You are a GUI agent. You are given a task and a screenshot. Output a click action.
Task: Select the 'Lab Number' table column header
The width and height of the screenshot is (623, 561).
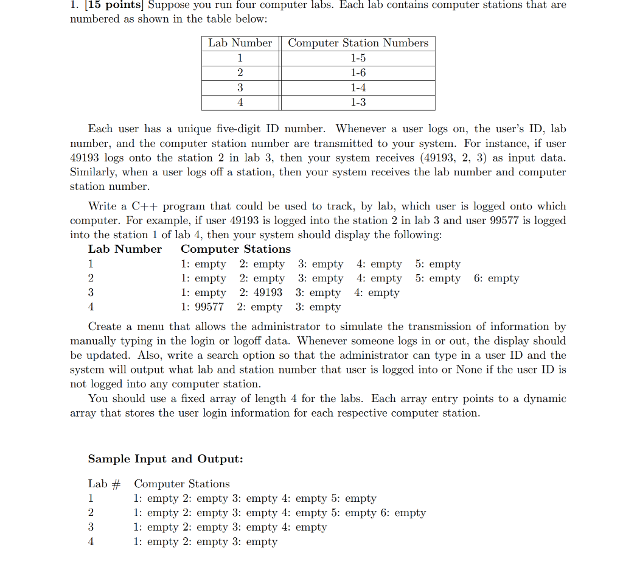click(x=240, y=43)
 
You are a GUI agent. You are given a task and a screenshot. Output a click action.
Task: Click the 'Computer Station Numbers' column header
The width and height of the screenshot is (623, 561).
click(x=358, y=43)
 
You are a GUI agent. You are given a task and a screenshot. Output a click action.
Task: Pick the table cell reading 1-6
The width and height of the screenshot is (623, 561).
click(x=358, y=73)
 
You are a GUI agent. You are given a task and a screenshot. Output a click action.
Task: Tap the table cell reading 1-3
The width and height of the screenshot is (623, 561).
click(x=358, y=102)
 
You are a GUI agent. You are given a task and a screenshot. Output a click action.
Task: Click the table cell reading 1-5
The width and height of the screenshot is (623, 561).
click(x=358, y=58)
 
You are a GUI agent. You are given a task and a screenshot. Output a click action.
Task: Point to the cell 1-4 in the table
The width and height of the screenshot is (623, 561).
click(x=358, y=88)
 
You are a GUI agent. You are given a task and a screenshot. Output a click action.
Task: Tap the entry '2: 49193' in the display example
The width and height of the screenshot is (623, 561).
click(x=260, y=293)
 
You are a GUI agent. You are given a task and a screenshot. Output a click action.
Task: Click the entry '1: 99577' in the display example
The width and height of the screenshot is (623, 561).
click(x=202, y=308)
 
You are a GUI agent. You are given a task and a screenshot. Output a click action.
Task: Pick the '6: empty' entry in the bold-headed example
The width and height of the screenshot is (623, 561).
click(x=496, y=279)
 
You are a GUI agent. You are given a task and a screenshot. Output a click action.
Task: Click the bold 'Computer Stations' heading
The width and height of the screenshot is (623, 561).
click(x=235, y=249)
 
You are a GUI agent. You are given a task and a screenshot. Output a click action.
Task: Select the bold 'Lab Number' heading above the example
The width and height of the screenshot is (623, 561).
click(x=125, y=249)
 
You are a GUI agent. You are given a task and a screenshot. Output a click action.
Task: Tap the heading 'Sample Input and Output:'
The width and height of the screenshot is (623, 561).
click(x=165, y=459)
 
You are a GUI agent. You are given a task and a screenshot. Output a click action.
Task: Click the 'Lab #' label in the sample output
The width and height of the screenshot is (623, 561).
click(x=104, y=484)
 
